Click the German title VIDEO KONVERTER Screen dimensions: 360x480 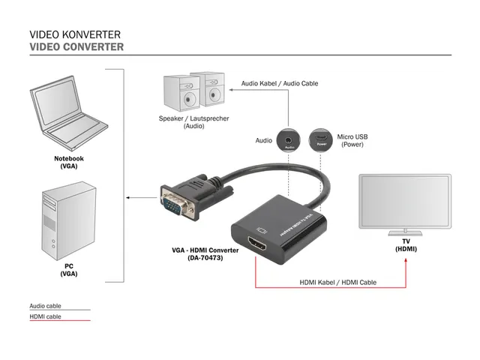(x=75, y=34)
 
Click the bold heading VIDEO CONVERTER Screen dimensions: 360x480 (x=76, y=46)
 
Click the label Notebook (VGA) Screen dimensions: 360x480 (x=68, y=162)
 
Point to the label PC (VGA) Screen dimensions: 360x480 (x=68, y=270)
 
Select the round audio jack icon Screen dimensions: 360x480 (x=289, y=139)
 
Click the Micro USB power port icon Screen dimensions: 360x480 (x=321, y=139)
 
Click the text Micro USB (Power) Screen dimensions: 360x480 (x=352, y=140)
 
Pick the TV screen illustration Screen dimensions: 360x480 (x=405, y=202)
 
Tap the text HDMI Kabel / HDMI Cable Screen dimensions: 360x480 (x=337, y=283)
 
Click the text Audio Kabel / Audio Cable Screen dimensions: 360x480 (x=279, y=84)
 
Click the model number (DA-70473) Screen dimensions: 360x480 (x=205, y=258)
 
